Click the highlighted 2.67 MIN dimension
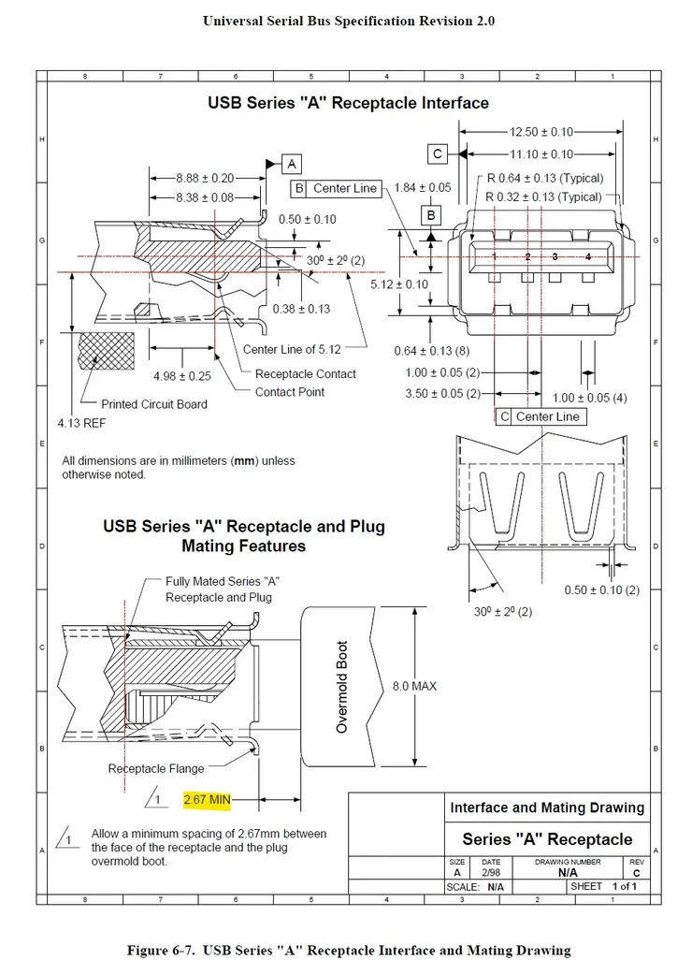[x=207, y=800]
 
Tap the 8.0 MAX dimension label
[x=414, y=687]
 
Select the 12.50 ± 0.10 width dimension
[x=541, y=132]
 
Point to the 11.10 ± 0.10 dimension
[x=541, y=154]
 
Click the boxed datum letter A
[x=291, y=164]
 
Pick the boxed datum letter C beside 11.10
[x=437, y=153]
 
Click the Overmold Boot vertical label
[x=342, y=687]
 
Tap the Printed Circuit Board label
[x=154, y=404]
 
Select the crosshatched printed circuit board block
[x=107, y=351]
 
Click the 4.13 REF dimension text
[x=81, y=423]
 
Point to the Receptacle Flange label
[x=156, y=768]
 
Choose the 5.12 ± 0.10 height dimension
[x=399, y=284]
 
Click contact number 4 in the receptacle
[x=588, y=256]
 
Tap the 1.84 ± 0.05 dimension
[x=422, y=187]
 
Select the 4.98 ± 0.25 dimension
[x=181, y=376]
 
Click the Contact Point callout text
[x=289, y=392]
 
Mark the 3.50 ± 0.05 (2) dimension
[x=442, y=393]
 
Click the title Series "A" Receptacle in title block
[x=547, y=838]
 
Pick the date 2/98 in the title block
[x=491, y=872]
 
